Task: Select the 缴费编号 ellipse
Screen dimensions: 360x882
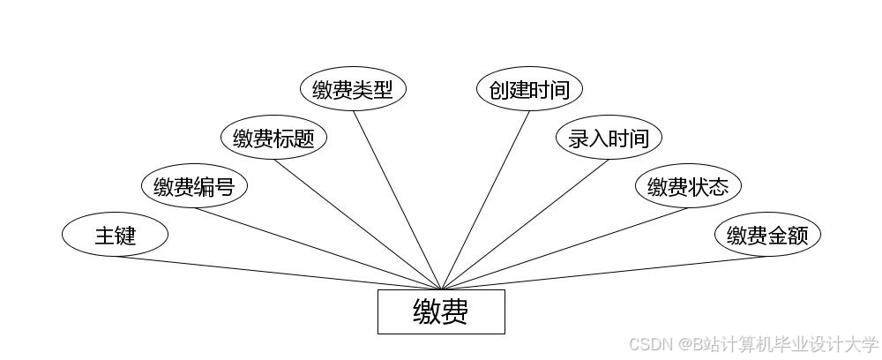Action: [x=194, y=186]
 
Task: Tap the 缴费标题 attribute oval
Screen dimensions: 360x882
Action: [x=273, y=138]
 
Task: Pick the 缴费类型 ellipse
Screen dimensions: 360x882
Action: [x=353, y=89]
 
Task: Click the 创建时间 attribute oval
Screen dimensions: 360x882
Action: [x=529, y=89]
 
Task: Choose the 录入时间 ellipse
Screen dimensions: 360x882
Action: [x=609, y=138]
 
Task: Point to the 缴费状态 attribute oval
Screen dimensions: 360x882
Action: [x=688, y=186]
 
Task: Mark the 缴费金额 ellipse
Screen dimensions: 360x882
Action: [x=767, y=235]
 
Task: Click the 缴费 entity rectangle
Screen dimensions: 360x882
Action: [x=441, y=311]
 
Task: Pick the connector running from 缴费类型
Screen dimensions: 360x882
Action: [x=397, y=198]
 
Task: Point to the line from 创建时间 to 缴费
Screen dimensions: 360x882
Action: [x=485, y=198]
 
